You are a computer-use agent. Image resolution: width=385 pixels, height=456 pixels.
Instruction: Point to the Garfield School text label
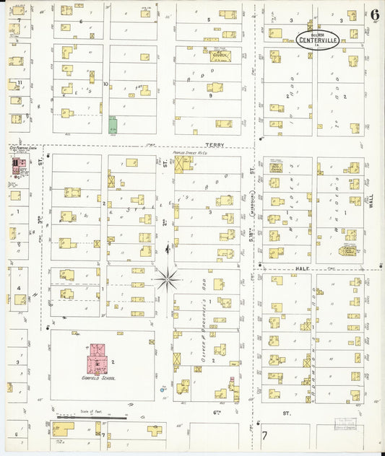click(99, 377)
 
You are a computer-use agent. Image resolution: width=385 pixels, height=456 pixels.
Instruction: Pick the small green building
click(112, 125)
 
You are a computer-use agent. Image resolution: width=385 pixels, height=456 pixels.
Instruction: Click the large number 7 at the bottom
click(264, 436)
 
